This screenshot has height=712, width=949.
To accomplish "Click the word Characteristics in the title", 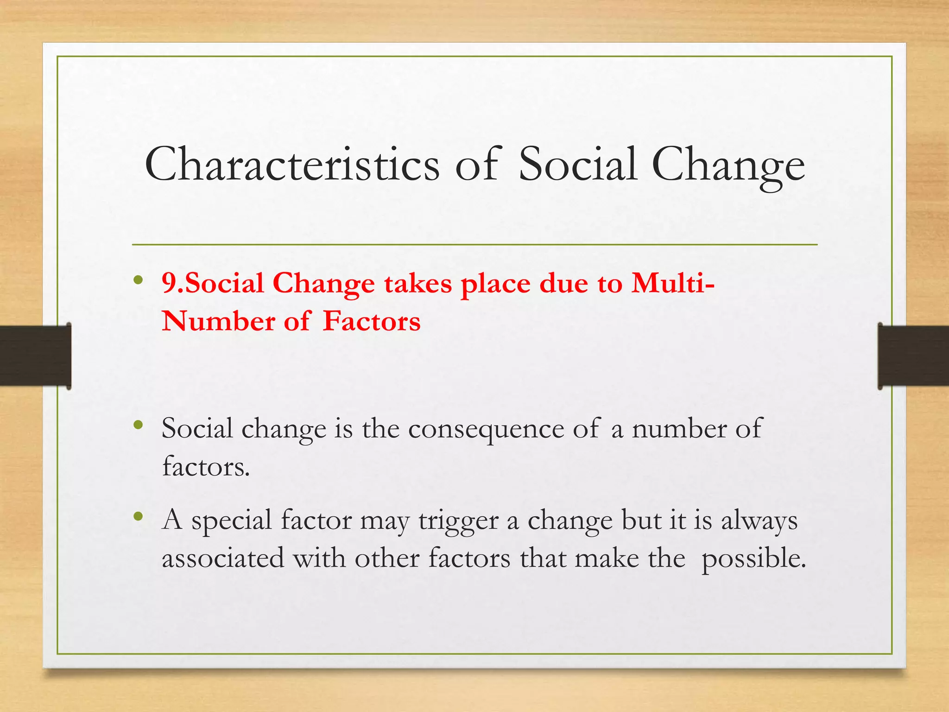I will [292, 165].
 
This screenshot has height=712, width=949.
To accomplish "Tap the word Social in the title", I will [577, 165].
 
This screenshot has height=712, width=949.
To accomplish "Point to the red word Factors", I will [371, 321].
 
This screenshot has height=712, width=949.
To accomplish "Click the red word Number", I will [218, 321].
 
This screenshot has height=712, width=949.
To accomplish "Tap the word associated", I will [223, 558].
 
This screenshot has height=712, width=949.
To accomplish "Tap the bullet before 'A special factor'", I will [138, 516].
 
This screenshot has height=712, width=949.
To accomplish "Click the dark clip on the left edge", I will [35, 356].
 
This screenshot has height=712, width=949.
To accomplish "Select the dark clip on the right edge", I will [913, 356].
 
